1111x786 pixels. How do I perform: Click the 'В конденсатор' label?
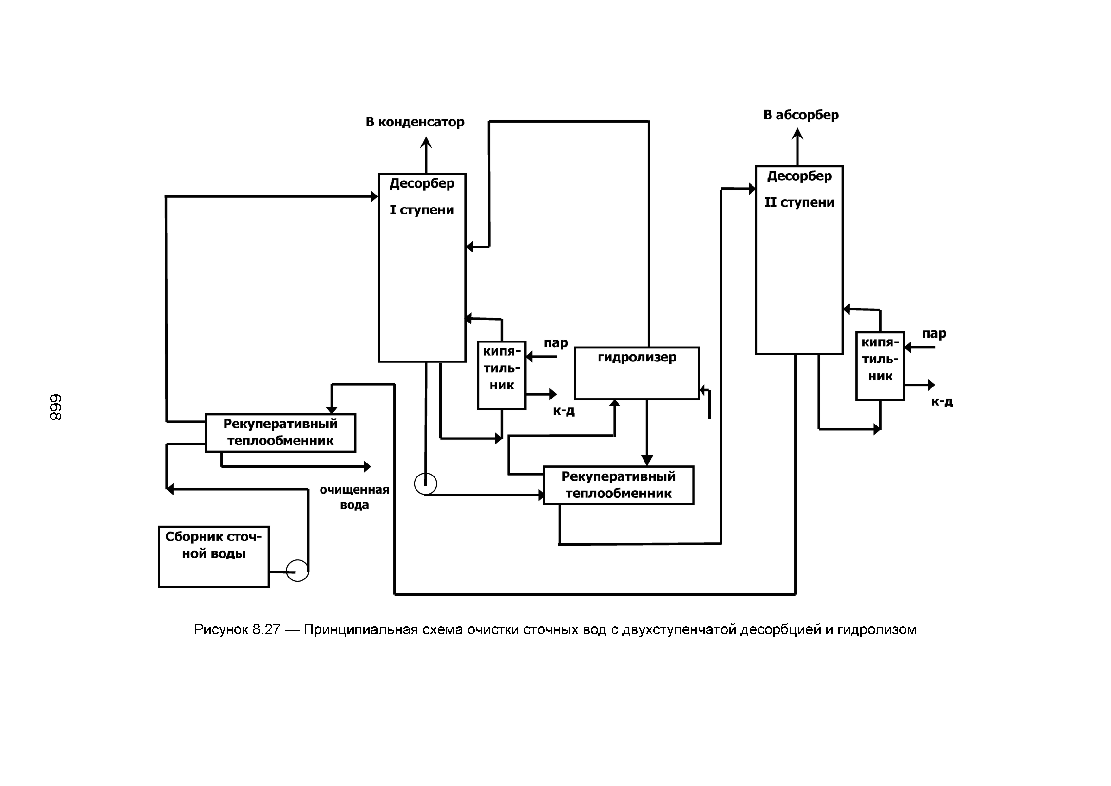click(415, 122)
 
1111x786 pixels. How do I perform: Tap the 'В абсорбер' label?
click(801, 115)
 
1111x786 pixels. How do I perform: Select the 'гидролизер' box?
click(637, 373)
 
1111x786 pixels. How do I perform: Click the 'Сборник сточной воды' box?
click(213, 557)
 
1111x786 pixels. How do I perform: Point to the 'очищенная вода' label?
click(354, 497)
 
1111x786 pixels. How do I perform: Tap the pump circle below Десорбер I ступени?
click(425, 483)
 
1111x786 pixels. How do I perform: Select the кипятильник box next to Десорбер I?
click(501, 375)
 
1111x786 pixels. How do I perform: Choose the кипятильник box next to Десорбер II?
click(880, 366)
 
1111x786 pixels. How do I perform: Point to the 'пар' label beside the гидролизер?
click(555, 343)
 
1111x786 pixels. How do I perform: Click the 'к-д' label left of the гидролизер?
click(564, 411)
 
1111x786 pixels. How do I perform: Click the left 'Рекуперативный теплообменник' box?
click(280, 433)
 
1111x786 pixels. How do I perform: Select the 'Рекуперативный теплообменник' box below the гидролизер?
click(618, 485)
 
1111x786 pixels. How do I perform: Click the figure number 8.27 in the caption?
click(266, 630)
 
